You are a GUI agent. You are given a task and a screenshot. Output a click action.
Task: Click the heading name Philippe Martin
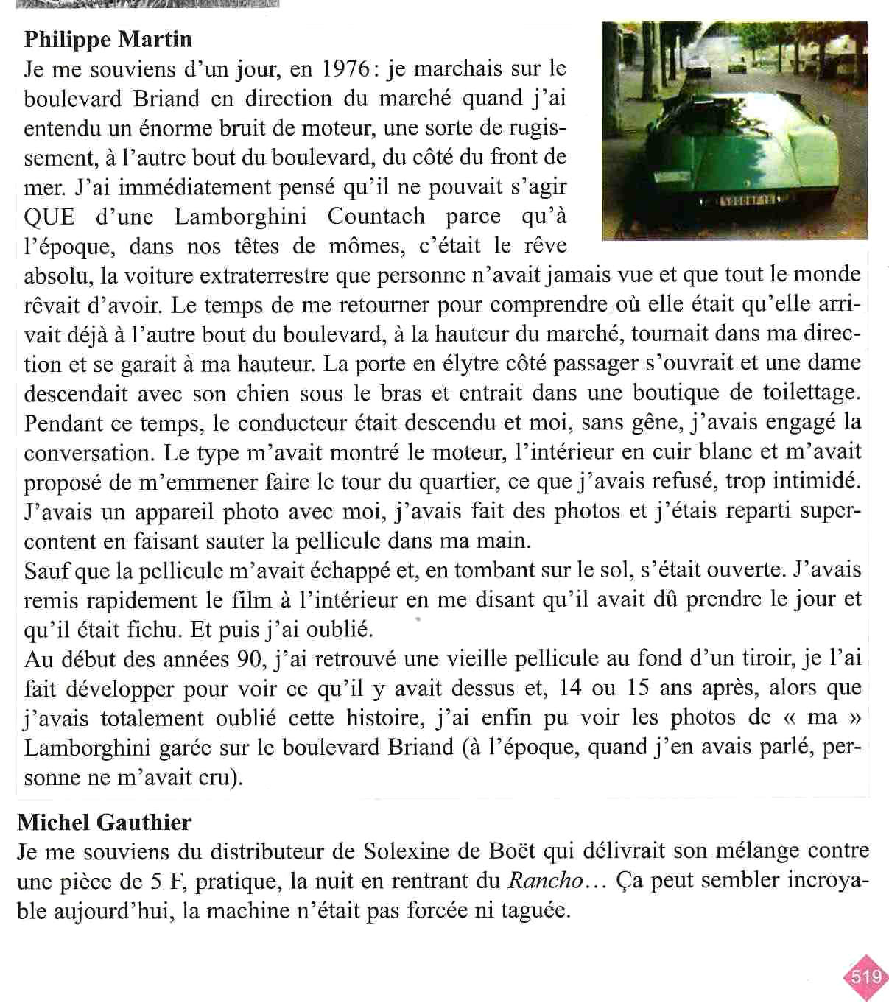(108, 39)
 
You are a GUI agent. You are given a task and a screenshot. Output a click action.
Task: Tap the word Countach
(376, 217)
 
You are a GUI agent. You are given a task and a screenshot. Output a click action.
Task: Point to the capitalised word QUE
(49, 217)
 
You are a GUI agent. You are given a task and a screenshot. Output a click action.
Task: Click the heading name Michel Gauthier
(104, 822)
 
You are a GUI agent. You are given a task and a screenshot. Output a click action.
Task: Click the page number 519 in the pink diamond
(866, 977)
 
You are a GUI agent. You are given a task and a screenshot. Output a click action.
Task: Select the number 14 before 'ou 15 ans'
(570, 689)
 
